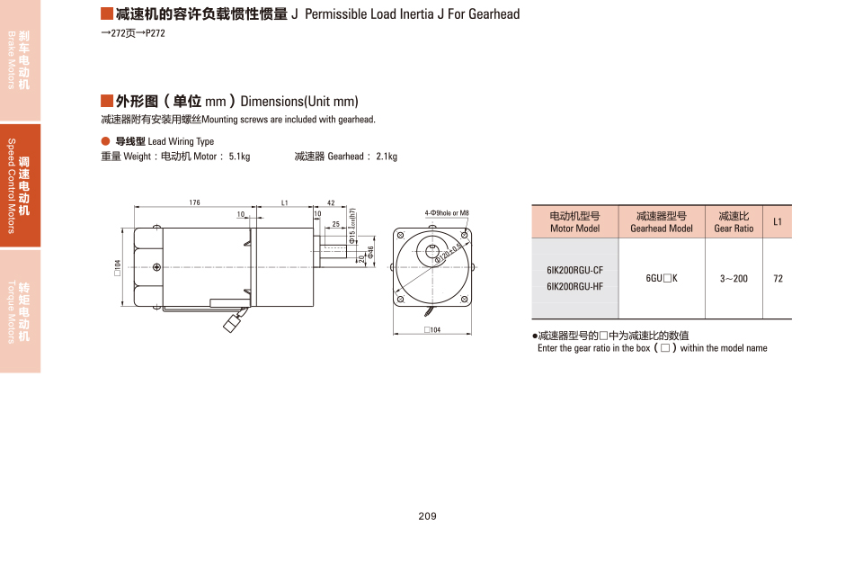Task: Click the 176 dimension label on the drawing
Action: pyautogui.click(x=194, y=202)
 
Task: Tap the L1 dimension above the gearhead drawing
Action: pyautogui.click(x=284, y=202)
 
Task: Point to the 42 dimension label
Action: pyautogui.click(x=331, y=202)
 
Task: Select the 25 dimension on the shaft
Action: pyautogui.click(x=335, y=224)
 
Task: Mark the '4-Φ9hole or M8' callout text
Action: pyautogui.click(x=447, y=213)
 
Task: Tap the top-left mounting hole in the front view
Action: pyautogui.click(x=401, y=236)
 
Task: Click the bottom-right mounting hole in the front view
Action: pyautogui.click(x=464, y=299)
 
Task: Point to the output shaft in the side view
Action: pyautogui.click(x=333, y=251)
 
